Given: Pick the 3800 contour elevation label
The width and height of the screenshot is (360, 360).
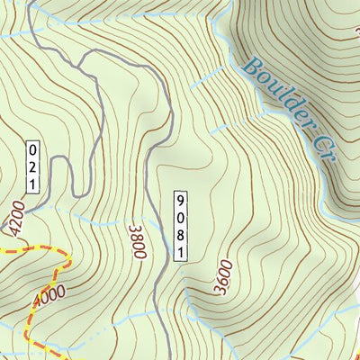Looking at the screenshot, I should pos(137,241).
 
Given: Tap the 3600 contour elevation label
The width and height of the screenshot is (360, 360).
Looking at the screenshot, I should pos(223,277).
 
